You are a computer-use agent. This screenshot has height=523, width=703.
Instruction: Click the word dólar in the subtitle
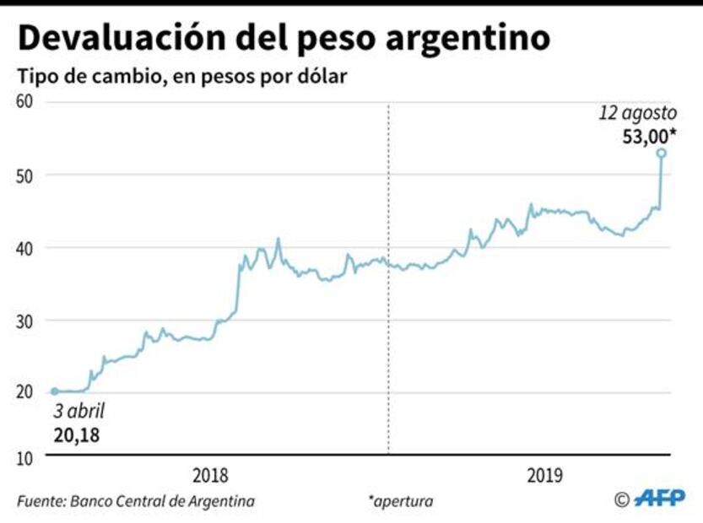[x=321, y=77]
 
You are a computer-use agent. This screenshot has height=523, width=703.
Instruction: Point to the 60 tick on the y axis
[x=25, y=102]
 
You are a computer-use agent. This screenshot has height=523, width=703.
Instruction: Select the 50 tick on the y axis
[x=25, y=175]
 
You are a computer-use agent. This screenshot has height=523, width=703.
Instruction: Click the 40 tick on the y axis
[x=25, y=248]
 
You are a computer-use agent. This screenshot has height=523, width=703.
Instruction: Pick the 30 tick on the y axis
[x=25, y=321]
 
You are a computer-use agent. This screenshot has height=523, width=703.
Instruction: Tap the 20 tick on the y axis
[x=25, y=392]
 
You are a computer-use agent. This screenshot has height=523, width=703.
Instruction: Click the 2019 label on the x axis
[x=546, y=475]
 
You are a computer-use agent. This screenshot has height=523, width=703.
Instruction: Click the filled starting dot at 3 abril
[x=55, y=391]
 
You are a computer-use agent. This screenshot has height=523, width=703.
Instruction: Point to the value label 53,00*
[x=649, y=135]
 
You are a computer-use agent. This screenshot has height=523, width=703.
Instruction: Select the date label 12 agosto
[x=637, y=113]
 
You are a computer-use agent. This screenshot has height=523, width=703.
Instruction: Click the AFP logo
[x=659, y=499]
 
